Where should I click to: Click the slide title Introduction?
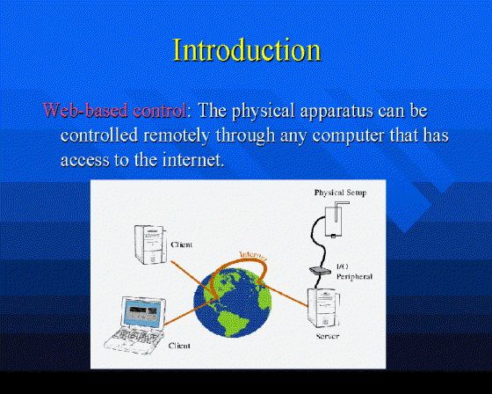click(247, 49)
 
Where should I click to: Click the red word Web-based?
click(85, 110)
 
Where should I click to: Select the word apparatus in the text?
click(336, 112)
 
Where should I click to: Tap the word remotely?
click(177, 136)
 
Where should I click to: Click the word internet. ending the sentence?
click(193, 159)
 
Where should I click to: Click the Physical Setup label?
click(341, 193)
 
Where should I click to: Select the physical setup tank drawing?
click(336, 219)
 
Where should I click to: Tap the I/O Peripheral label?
click(354, 272)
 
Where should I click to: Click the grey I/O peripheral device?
click(320, 271)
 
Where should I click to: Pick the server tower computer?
click(323, 308)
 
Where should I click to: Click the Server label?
click(328, 336)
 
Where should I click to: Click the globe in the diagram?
click(232, 303)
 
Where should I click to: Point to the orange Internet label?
click(253, 256)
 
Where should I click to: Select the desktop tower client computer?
click(149, 244)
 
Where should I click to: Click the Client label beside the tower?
click(181, 244)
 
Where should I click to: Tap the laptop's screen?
click(144, 312)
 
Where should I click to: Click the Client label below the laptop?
click(179, 346)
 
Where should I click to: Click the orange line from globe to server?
click(283, 295)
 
